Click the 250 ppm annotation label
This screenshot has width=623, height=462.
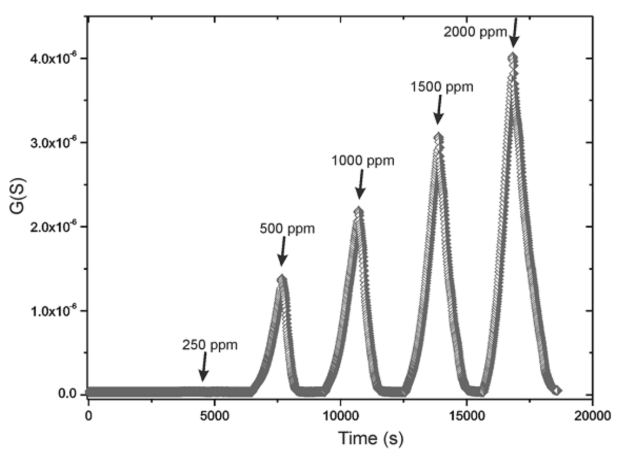[x=210, y=345]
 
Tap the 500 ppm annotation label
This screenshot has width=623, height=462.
[x=287, y=229]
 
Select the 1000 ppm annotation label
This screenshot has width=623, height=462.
[x=363, y=161]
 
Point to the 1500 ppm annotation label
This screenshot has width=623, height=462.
[x=441, y=87]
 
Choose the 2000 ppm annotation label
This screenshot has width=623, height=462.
[x=475, y=32]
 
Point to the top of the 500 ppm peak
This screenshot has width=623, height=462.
[x=282, y=279]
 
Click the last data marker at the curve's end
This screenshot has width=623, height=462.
[x=557, y=390]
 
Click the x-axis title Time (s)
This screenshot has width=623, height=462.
[x=371, y=438]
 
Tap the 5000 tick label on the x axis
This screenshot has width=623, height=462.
[x=214, y=416]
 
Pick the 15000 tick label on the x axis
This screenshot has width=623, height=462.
[x=466, y=416]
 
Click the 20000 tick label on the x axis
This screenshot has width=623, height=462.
[x=592, y=416]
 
